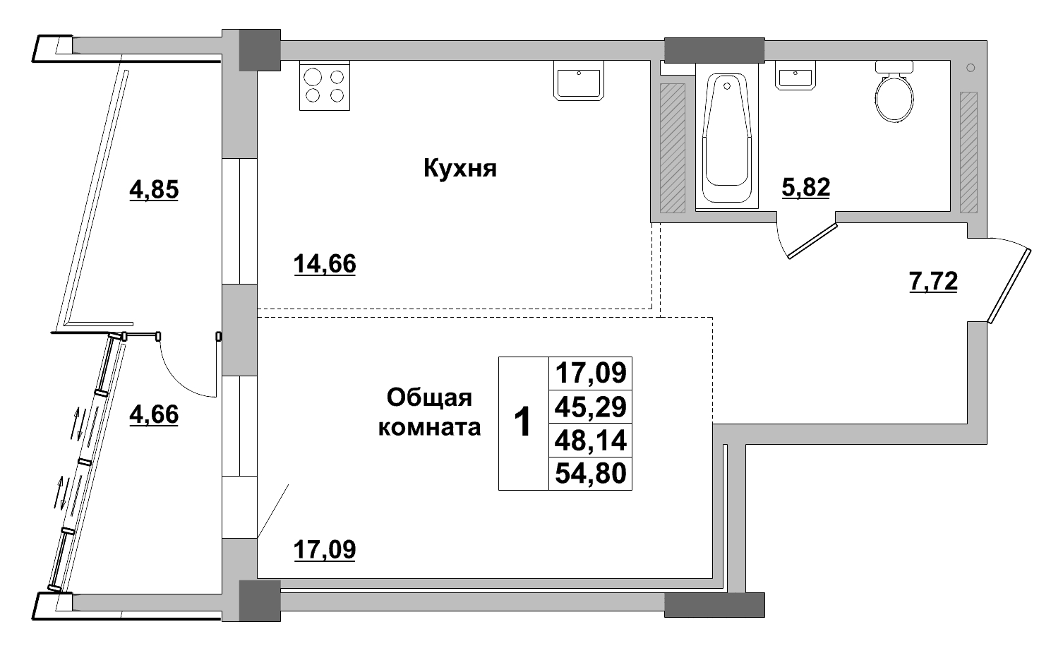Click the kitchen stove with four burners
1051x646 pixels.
pyautogui.click(x=325, y=86)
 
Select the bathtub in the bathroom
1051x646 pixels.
pyautogui.click(x=726, y=134)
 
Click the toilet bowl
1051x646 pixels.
pyautogui.click(x=894, y=96)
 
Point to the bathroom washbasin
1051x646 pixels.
pyautogui.click(x=796, y=76)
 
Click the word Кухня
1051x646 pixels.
pyautogui.click(x=460, y=169)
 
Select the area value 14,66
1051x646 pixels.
pyautogui.click(x=325, y=264)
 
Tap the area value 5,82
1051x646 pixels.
pyautogui.click(x=805, y=188)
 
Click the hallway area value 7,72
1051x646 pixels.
pyautogui.click(x=932, y=282)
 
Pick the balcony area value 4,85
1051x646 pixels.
pyautogui.click(x=154, y=190)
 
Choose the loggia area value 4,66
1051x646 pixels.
pyautogui.click(x=154, y=414)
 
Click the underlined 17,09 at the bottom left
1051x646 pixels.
pyautogui.click(x=325, y=549)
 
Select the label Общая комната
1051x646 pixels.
pyautogui.click(x=430, y=413)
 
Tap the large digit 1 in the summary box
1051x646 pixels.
pyautogui.click(x=523, y=423)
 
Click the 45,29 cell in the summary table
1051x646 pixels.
pyautogui.click(x=591, y=407)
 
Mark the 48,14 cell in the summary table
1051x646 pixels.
pyautogui.click(x=591, y=440)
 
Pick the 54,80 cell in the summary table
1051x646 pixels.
pyautogui.click(x=591, y=473)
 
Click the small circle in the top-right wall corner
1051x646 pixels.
pyautogui.click(x=971, y=68)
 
